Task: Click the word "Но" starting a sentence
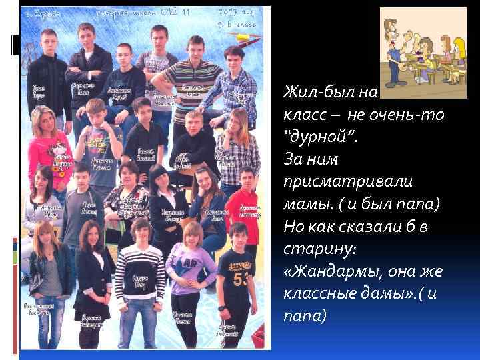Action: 293,227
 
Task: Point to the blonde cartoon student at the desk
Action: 458,51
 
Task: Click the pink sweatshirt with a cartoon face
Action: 46,151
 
